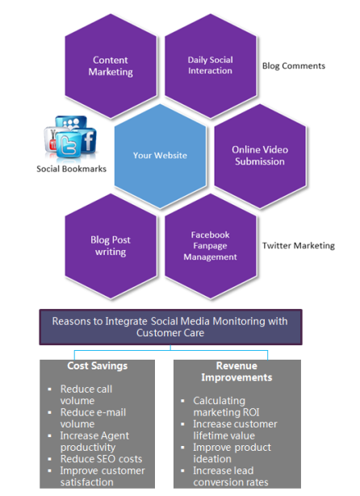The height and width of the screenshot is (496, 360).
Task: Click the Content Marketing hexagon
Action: (x=111, y=66)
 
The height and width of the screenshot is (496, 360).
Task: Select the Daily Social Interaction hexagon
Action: (x=210, y=66)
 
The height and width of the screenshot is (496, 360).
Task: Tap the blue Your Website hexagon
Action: (x=160, y=156)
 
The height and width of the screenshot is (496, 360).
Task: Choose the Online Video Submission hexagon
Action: (x=260, y=156)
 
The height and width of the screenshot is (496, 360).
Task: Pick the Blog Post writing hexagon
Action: (x=111, y=246)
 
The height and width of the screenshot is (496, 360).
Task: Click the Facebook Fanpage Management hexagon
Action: (x=210, y=246)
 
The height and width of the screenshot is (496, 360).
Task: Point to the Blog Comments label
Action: (x=294, y=66)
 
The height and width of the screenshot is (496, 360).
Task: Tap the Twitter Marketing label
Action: (x=299, y=245)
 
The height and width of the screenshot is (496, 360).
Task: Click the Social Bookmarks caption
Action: (x=71, y=169)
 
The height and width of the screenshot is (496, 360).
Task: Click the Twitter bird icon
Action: (x=69, y=145)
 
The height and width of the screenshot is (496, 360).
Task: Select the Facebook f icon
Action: (x=88, y=140)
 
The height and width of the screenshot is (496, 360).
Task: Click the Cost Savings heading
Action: (x=97, y=365)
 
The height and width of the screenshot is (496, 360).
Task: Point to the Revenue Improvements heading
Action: (x=237, y=371)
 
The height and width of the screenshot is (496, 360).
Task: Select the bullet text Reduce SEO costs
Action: (x=102, y=459)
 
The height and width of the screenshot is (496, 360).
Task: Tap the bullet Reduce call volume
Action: (x=86, y=394)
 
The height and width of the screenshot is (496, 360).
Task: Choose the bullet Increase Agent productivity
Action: (x=94, y=442)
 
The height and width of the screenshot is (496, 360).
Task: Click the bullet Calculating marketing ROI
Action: (x=226, y=406)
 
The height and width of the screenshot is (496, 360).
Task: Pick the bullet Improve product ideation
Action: (x=232, y=453)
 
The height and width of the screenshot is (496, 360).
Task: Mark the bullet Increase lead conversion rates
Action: (x=231, y=477)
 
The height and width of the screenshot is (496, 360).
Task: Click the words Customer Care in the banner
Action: (x=170, y=333)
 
